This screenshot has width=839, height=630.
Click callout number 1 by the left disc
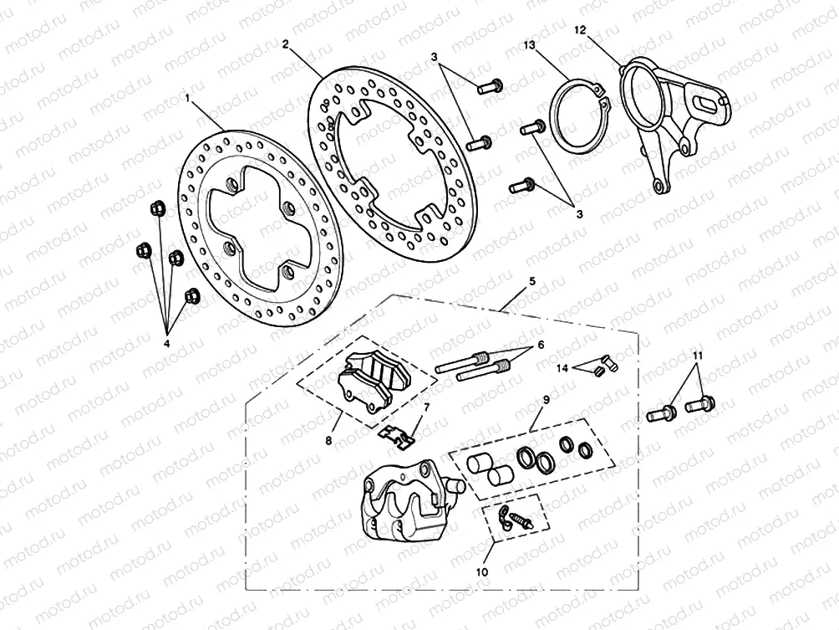pyautogui.click(x=188, y=99)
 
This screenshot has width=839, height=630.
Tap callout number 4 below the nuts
pyautogui.click(x=165, y=343)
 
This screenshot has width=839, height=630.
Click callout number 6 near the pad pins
pyautogui.click(x=540, y=345)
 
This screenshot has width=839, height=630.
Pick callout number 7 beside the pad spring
pyautogui.click(x=426, y=407)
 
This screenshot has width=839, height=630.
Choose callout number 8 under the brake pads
pyautogui.click(x=328, y=439)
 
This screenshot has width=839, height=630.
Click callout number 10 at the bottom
pyautogui.click(x=481, y=572)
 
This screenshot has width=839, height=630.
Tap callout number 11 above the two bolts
pyautogui.click(x=695, y=356)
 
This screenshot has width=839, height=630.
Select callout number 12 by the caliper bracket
pyautogui.click(x=580, y=30)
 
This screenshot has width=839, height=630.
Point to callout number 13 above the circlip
pyautogui.click(x=529, y=44)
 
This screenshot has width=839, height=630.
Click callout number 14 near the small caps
pyautogui.click(x=562, y=367)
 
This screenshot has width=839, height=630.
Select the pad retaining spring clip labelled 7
pyautogui.click(x=397, y=433)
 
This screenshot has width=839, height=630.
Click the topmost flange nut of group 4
pyautogui.click(x=155, y=208)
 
